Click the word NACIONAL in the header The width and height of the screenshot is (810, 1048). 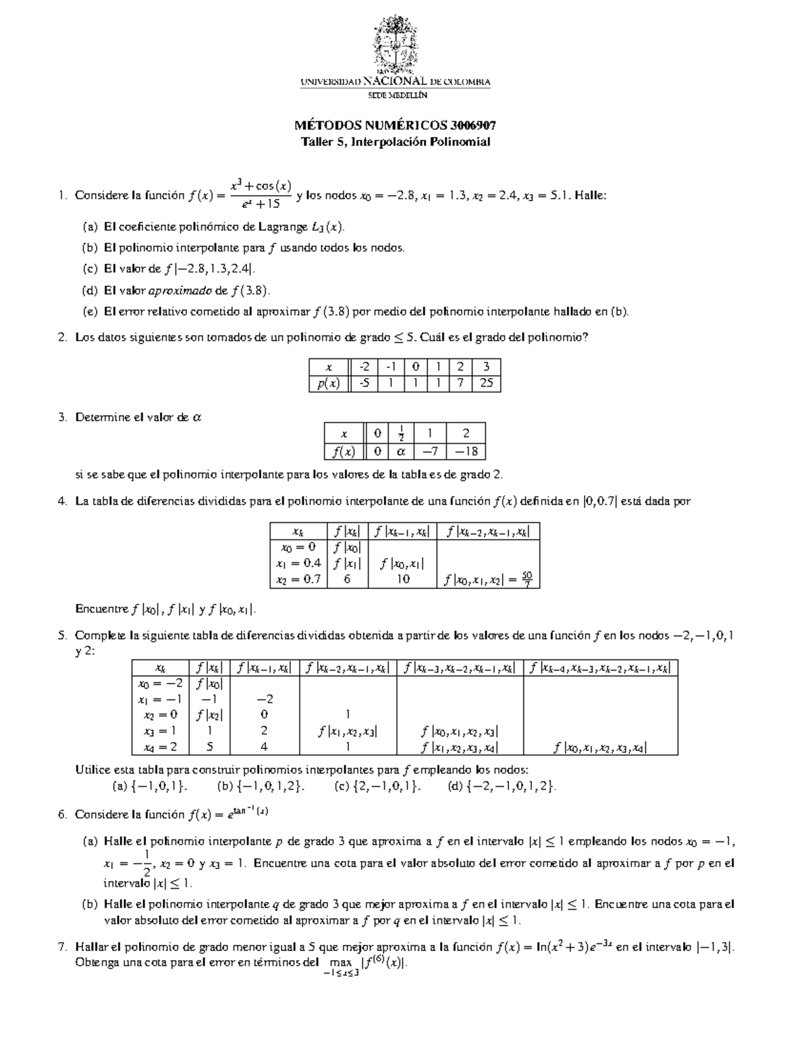pos(400,82)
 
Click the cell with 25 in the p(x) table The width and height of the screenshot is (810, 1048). pos(486,383)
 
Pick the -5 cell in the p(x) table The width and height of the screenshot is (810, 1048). pos(364,383)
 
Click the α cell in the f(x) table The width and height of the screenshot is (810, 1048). pos(401,451)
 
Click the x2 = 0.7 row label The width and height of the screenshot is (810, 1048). pos(298,579)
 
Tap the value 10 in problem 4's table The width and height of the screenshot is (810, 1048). pos(403,579)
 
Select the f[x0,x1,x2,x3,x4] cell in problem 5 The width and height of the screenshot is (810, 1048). pos(600,747)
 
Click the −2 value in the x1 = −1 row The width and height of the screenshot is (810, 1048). pos(264,699)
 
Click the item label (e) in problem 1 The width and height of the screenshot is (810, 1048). pos(90,312)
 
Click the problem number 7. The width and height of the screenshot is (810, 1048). pos(63,947)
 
